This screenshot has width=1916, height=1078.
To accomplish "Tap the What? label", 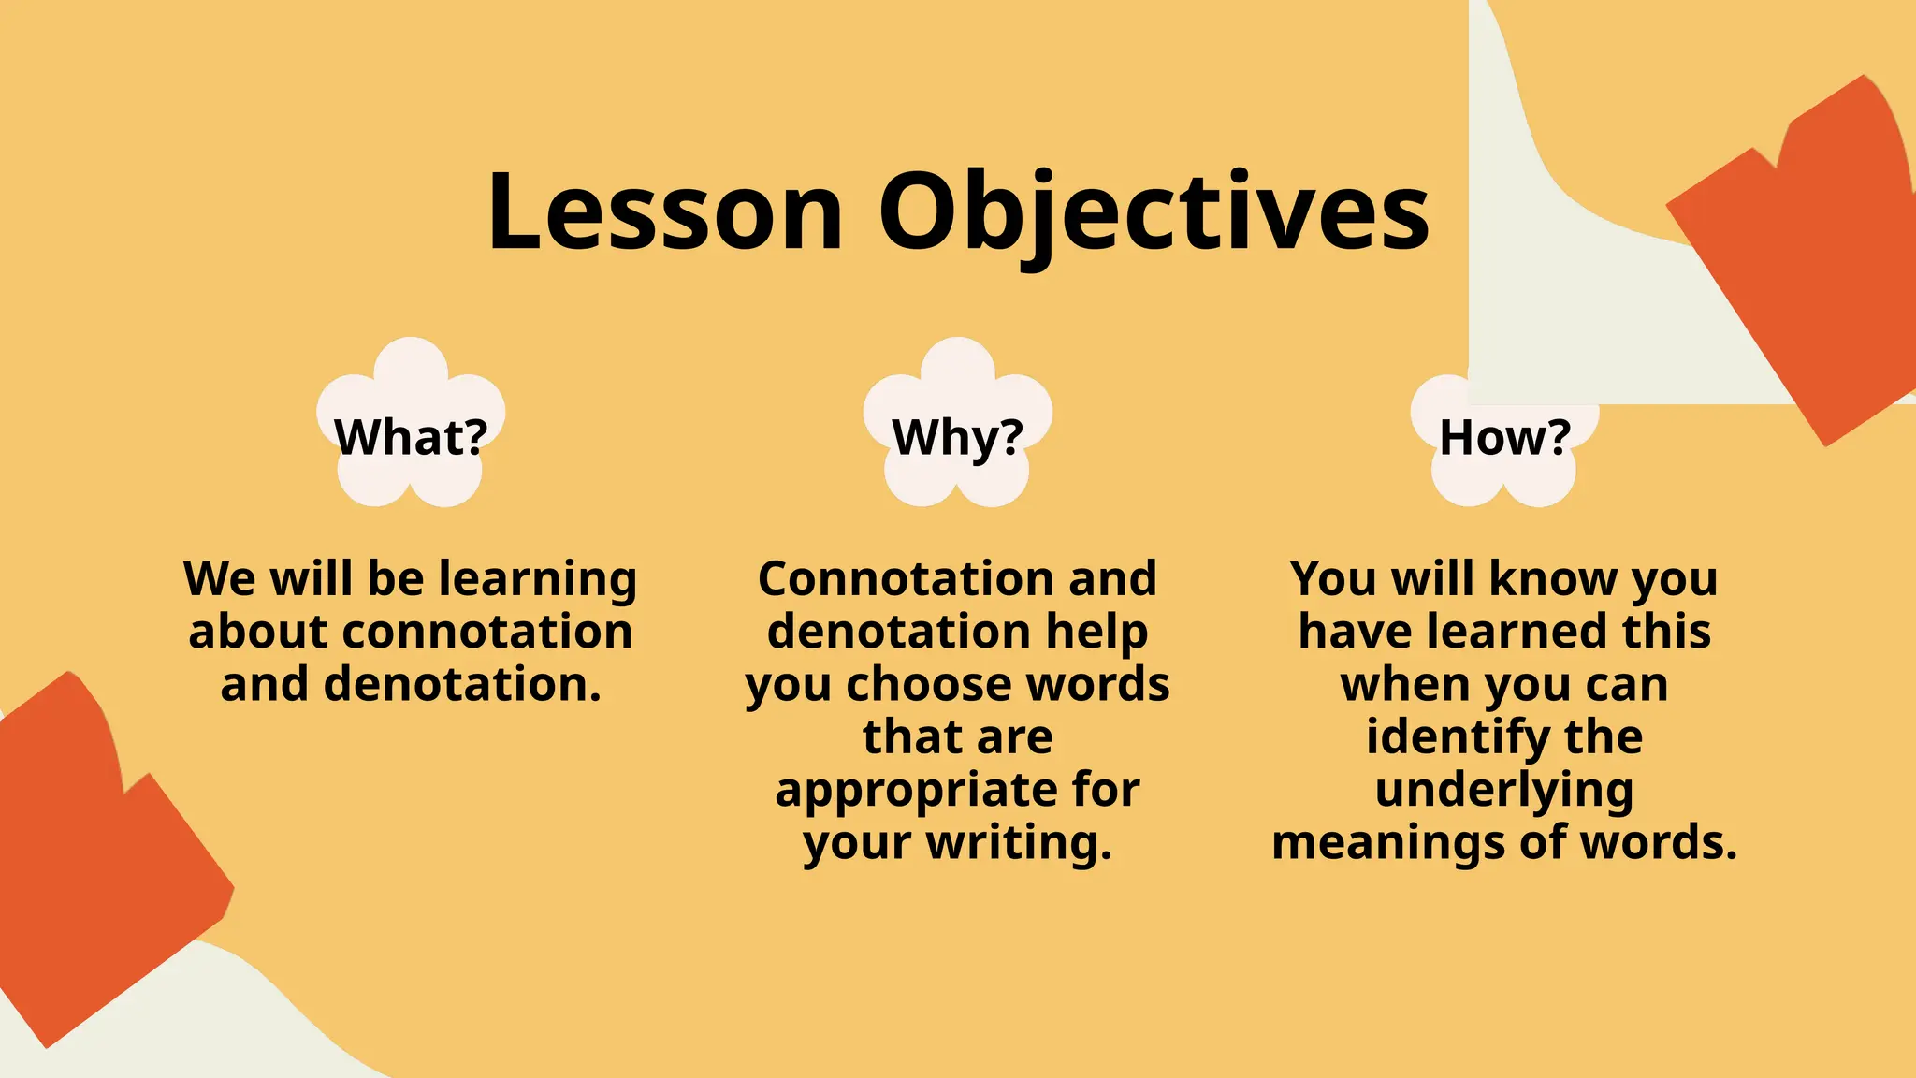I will (x=412, y=436).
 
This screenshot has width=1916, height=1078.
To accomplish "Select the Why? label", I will (x=958, y=436).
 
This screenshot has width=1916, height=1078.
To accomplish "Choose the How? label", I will (x=1504, y=436).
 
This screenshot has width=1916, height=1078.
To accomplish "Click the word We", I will (x=218, y=578).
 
